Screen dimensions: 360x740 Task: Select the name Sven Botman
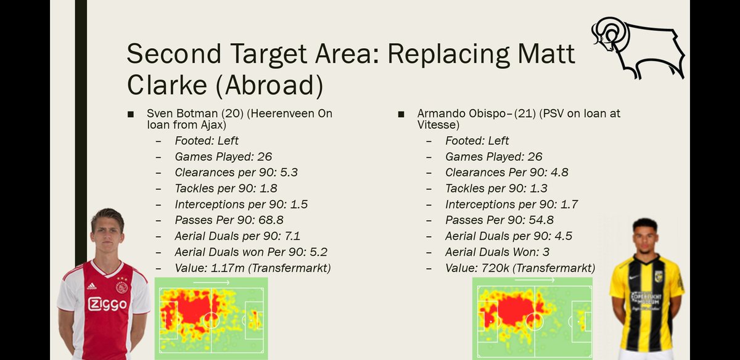tap(180, 113)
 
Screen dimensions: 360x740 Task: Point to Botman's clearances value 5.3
tap(289, 173)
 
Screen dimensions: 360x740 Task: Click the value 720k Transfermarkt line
tap(520, 268)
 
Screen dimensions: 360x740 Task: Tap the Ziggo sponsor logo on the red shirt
tap(107, 304)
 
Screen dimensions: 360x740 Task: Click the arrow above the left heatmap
tap(211, 282)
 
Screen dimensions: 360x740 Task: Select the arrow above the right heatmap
tap(534, 280)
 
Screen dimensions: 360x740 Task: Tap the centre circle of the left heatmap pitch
tap(211, 320)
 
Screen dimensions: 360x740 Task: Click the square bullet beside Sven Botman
tap(130, 114)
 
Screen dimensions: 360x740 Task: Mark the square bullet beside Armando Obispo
tap(401, 114)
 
